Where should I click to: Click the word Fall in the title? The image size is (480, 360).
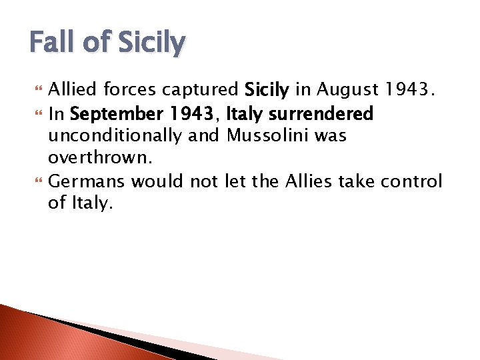[x=54, y=43]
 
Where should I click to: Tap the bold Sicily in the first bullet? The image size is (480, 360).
[x=266, y=90]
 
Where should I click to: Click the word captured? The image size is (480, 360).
[x=205, y=90]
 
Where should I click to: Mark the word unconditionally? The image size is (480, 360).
[x=114, y=136]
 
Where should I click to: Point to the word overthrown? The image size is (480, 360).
[x=96, y=159]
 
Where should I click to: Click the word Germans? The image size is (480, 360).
[x=87, y=181]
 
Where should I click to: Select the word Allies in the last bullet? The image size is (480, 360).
[x=309, y=181]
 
